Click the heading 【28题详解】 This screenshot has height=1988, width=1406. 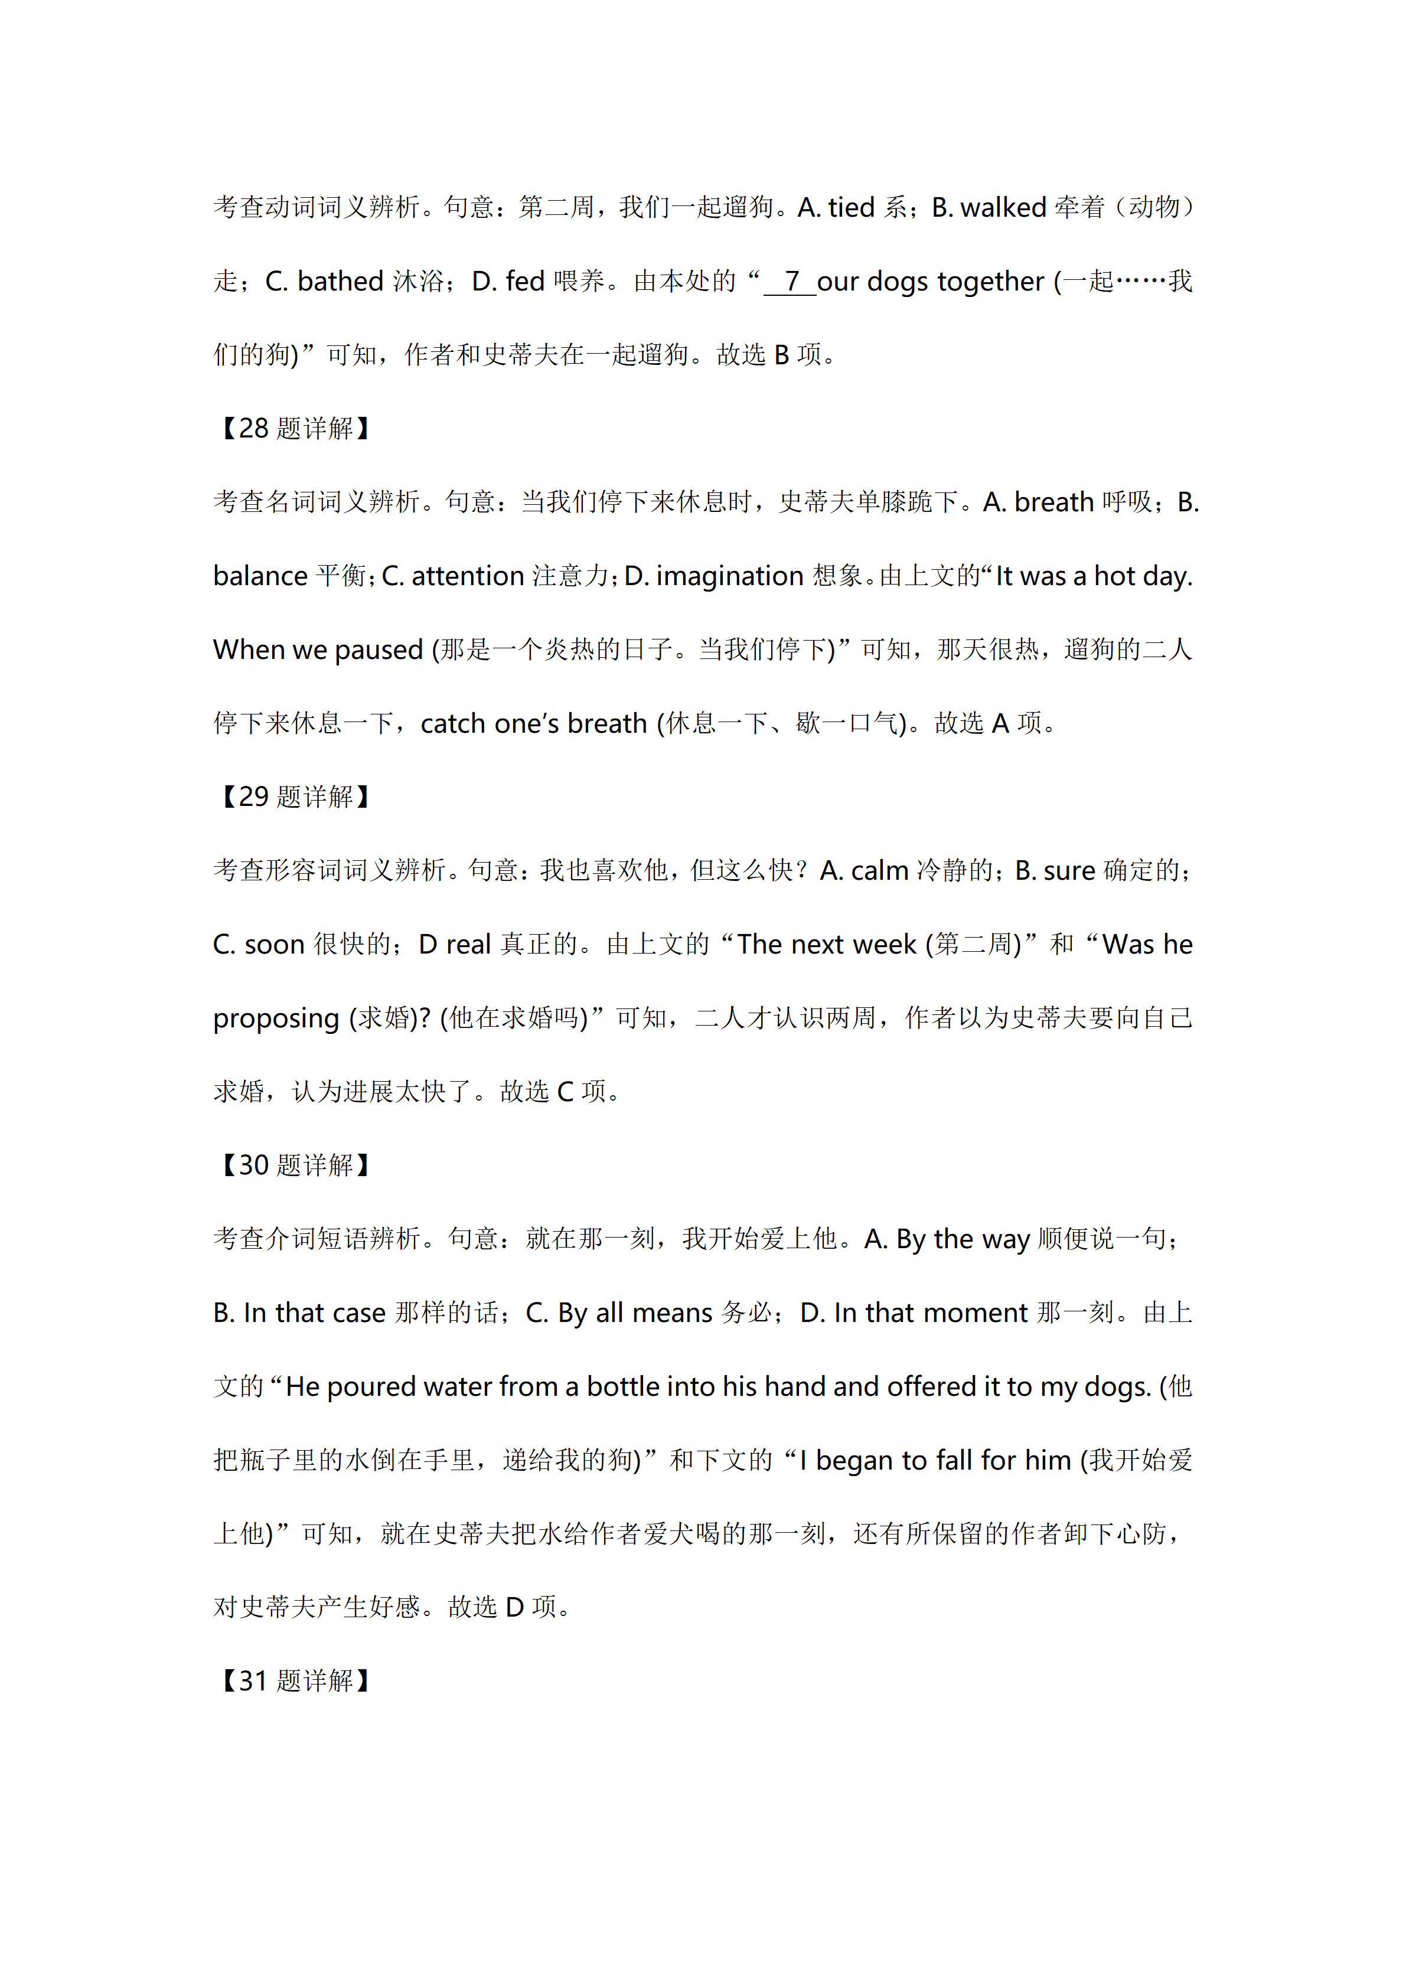pyautogui.click(x=295, y=429)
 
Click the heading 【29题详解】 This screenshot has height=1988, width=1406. pyautogui.click(x=295, y=796)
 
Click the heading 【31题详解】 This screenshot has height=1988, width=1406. pyautogui.click(x=295, y=1680)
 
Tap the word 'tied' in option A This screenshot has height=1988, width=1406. pyautogui.click(x=851, y=208)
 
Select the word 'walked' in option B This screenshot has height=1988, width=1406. pyautogui.click(x=1003, y=208)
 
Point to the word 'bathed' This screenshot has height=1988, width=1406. pyautogui.click(x=340, y=282)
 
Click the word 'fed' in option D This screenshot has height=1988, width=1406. pyautogui.click(x=524, y=282)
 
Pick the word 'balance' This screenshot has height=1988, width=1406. pyautogui.click(x=260, y=576)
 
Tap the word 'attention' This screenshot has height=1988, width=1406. pyautogui.click(x=468, y=576)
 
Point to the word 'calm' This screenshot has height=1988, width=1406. pyautogui.click(x=879, y=871)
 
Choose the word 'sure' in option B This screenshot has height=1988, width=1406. pyautogui.click(x=1069, y=871)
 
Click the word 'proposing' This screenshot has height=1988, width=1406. pyautogui.click(x=276, y=1019)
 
